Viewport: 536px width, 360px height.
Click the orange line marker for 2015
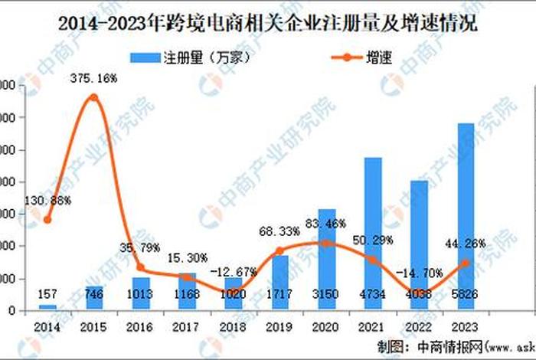(x=93, y=97)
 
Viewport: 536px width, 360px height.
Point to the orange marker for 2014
(x=47, y=220)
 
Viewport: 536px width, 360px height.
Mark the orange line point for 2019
(x=279, y=250)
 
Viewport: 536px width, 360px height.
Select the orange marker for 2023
(x=465, y=262)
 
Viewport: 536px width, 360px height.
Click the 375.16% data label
(x=93, y=78)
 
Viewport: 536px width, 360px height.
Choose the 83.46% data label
(x=326, y=224)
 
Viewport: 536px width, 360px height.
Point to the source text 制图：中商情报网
(x=417, y=344)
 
